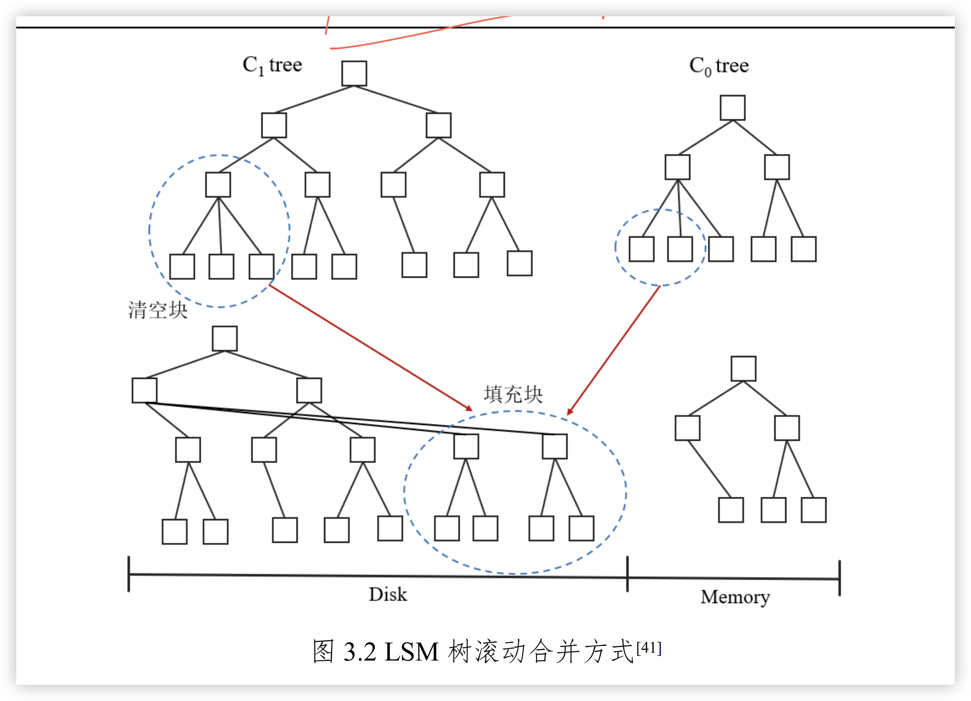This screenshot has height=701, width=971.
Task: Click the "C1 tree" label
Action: (x=272, y=65)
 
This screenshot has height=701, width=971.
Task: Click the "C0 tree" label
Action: (x=719, y=66)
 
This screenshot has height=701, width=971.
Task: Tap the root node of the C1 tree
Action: (x=354, y=74)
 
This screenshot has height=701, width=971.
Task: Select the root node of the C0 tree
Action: (x=732, y=108)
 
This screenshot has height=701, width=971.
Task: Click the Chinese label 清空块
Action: (x=157, y=310)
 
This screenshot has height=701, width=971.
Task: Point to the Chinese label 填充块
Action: (x=513, y=394)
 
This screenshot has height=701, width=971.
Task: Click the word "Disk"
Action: (x=388, y=594)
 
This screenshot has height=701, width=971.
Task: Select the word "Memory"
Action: (x=735, y=597)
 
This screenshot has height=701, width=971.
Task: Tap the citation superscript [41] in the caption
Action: (x=649, y=648)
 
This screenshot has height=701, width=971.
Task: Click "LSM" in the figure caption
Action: (x=412, y=652)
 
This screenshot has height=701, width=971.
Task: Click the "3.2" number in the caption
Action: (x=360, y=652)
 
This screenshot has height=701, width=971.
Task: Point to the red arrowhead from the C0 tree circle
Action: (x=570, y=411)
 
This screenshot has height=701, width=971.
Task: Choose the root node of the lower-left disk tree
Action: (x=225, y=339)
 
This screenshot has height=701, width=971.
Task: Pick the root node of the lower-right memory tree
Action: (x=743, y=369)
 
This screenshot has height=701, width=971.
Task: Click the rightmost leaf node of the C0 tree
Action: (x=804, y=249)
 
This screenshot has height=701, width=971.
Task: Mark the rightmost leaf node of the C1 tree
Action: (x=519, y=263)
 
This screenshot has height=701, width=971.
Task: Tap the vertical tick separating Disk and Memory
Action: (x=627, y=574)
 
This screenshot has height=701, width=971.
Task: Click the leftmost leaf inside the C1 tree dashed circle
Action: (x=182, y=266)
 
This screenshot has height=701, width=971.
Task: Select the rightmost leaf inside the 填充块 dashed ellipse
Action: (x=581, y=528)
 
